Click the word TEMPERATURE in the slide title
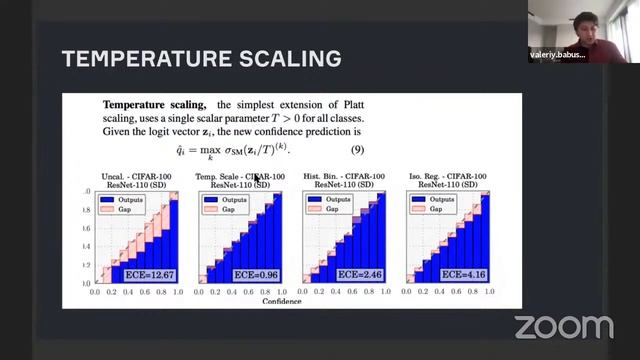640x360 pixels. (138, 59)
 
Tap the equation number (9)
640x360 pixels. (356, 149)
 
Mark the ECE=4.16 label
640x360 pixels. (465, 273)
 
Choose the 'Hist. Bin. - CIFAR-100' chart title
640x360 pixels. (345, 177)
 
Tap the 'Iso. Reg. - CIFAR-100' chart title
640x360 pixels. (449, 177)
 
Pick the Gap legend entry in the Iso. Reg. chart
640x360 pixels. (436, 210)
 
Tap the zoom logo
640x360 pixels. (563, 326)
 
